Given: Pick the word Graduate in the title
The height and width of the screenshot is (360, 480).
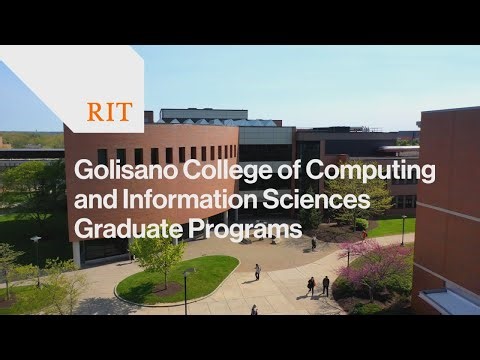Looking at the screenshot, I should coord(123,229).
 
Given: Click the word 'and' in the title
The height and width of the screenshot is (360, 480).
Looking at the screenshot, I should coord(95,200).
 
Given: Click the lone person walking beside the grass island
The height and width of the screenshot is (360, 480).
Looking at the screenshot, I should coord(257,271).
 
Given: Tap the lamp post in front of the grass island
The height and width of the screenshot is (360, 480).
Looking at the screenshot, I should coord(185,290).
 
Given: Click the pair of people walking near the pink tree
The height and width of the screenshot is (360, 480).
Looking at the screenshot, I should coord(318,286).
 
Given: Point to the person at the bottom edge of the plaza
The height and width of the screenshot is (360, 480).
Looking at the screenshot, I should coord(254,310).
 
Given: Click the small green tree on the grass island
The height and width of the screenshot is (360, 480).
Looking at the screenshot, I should coord(158,254).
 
